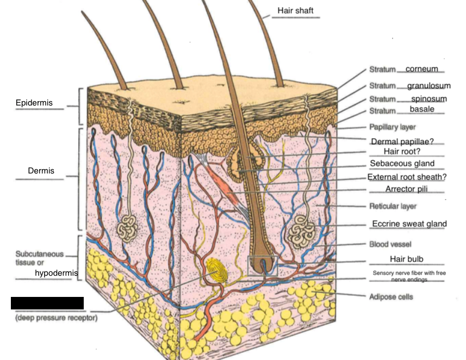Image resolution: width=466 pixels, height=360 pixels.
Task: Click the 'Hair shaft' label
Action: [x=295, y=10]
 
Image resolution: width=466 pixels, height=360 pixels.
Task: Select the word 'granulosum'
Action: [x=428, y=85]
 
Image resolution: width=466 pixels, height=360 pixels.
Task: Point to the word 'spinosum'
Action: [x=428, y=98]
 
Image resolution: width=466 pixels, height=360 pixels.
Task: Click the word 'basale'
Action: [x=422, y=110]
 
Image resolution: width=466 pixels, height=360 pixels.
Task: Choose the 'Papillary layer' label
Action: [x=393, y=127]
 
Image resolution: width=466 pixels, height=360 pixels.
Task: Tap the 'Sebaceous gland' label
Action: [x=402, y=163]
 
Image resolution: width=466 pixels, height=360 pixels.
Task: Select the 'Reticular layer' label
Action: [x=393, y=206]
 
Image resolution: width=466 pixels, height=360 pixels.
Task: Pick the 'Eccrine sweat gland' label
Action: [x=409, y=224]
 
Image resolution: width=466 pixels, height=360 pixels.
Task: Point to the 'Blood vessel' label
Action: [x=390, y=244]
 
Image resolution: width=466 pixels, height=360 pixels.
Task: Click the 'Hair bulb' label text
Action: [x=406, y=259]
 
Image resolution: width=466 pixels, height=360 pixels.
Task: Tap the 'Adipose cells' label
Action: [x=391, y=297]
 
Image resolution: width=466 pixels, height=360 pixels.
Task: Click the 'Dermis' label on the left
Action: [x=41, y=171]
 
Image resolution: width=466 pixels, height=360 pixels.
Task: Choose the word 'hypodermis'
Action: [x=56, y=272]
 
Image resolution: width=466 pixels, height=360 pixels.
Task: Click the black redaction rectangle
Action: [x=47, y=303]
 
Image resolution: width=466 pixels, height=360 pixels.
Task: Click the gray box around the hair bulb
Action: [x=263, y=264]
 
